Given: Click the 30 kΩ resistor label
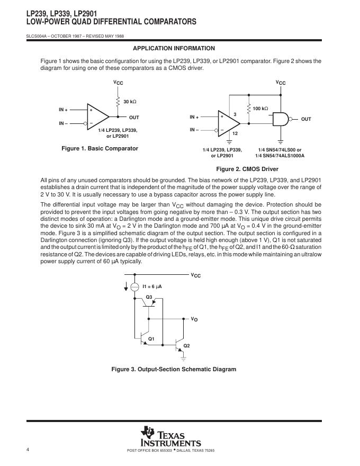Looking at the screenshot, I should click(130, 101).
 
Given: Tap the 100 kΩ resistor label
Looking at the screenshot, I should click(260, 109).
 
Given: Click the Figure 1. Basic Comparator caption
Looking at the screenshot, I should click(100, 148).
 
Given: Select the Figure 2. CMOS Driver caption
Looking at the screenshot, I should click(247, 169).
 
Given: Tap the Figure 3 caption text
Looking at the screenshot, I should click(174, 369).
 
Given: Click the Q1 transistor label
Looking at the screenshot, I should click(151, 338).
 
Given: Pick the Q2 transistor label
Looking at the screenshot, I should click(186, 345).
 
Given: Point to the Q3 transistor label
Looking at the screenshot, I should click(149, 296).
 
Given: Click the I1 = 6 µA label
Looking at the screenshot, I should click(152, 286).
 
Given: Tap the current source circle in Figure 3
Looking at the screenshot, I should click(134, 286).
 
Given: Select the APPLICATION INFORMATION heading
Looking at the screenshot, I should click(174, 48).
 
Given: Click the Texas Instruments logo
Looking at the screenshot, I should click(170, 437).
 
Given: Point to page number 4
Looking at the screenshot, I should click(27, 450).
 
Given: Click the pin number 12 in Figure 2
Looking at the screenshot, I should click(235, 134).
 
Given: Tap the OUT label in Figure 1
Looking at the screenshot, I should click(134, 117).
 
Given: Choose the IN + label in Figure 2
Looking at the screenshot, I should click(194, 117).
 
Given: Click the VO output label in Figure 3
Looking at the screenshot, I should click(194, 319).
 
